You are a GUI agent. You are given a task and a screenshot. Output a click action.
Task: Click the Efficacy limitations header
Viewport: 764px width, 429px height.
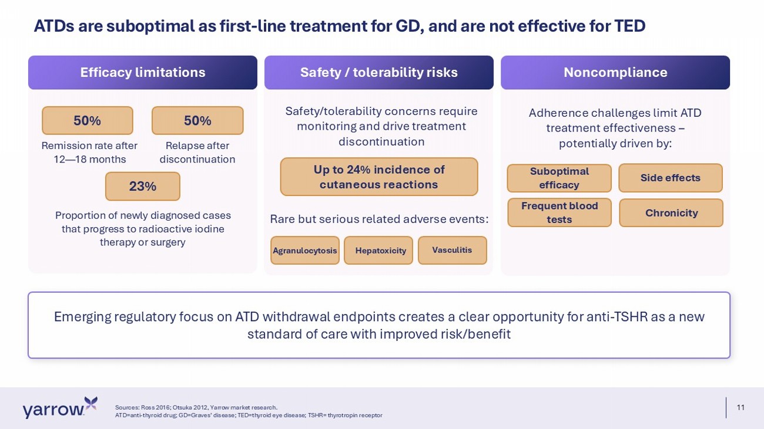(x=143, y=73)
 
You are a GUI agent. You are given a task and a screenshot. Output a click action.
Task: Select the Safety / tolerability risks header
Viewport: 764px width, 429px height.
(x=379, y=73)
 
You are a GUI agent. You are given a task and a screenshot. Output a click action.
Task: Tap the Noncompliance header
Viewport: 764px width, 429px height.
(x=615, y=73)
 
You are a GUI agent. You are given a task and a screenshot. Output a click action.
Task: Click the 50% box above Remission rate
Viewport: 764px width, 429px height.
(x=88, y=120)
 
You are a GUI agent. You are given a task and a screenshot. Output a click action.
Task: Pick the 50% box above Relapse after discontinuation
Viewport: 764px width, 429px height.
(x=197, y=120)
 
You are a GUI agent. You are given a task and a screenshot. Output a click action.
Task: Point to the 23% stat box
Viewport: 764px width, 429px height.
(x=143, y=186)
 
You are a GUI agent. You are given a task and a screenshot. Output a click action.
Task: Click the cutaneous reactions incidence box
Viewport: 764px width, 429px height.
(x=379, y=177)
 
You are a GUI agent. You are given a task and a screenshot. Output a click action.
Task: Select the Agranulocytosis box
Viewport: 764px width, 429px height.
(x=305, y=250)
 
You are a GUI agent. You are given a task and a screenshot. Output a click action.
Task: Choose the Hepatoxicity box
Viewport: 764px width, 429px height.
(x=378, y=250)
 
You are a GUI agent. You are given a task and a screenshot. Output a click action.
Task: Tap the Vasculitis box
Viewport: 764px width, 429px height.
(x=453, y=250)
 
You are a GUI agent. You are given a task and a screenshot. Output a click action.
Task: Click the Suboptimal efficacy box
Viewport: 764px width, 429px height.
(x=559, y=178)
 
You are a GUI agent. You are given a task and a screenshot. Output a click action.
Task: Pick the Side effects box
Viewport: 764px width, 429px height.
(x=671, y=178)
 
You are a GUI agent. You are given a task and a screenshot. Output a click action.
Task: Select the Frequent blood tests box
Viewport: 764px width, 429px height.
(x=559, y=212)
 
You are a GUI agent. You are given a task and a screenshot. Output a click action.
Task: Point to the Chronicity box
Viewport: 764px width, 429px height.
(x=671, y=213)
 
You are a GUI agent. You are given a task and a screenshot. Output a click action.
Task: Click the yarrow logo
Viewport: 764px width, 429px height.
(x=60, y=407)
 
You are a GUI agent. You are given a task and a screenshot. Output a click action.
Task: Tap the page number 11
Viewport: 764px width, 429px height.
(x=740, y=407)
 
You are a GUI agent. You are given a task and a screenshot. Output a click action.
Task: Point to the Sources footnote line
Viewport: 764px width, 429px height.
(x=196, y=407)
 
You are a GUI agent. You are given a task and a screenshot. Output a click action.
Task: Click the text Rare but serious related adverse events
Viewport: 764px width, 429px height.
(x=379, y=219)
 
